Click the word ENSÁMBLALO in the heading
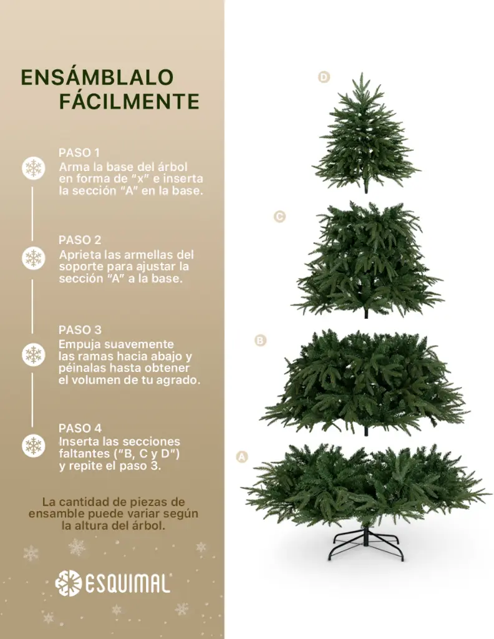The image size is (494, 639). [97, 77]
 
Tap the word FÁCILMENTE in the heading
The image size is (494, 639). [129, 101]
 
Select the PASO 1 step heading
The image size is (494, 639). [79, 152]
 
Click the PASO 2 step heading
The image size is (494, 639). [80, 240]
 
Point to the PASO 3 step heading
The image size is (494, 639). [80, 329]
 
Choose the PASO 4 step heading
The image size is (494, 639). [80, 428]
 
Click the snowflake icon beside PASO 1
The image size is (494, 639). [33, 168]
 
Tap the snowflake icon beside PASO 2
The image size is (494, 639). [33, 258]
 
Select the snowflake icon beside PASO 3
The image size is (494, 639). [33, 354]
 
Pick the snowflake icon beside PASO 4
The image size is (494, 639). [33, 446]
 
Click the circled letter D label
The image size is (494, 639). [324, 77]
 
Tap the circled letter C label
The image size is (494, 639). [279, 217]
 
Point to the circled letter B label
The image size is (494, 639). [260, 341]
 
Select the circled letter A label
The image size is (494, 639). [242, 457]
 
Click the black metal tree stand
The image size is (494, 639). [366, 542]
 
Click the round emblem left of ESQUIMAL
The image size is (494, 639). [68, 583]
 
